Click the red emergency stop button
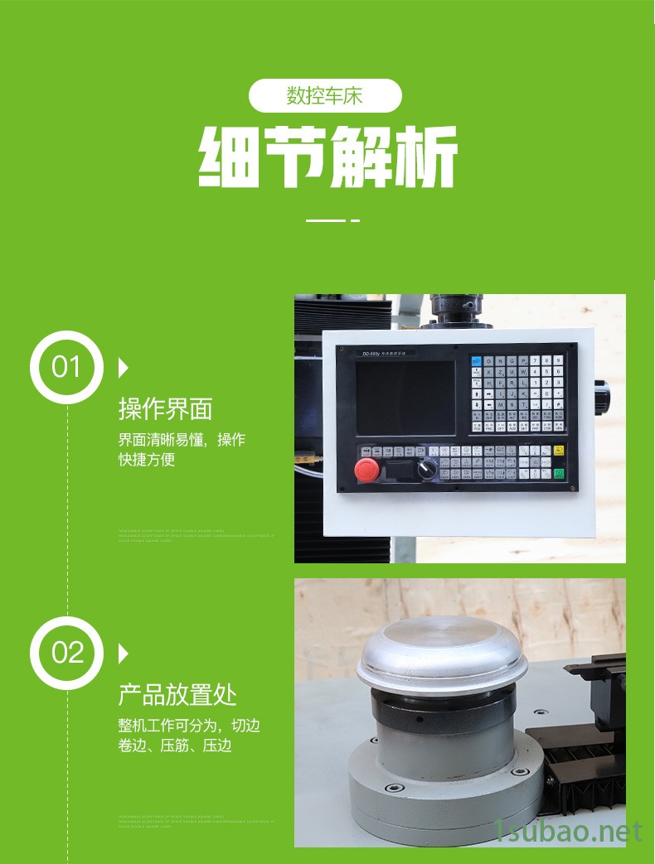[x=366, y=470]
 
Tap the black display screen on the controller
[x=405, y=398]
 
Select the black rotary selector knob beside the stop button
[x=427, y=468]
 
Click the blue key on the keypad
[x=476, y=361]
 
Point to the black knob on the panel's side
[x=601, y=387]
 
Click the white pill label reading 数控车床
[x=325, y=96]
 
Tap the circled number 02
[x=66, y=653]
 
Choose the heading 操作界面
[x=166, y=408]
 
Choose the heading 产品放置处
[x=177, y=694]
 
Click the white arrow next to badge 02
[x=124, y=653]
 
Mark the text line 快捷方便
[x=147, y=460]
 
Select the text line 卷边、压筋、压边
[x=175, y=746]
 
